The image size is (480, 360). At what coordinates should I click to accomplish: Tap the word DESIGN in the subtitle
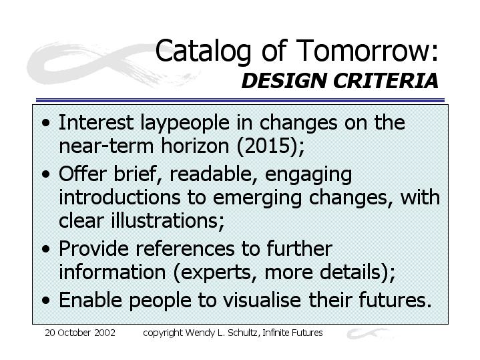tap(284, 81)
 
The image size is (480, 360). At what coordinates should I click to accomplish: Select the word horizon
tap(195, 145)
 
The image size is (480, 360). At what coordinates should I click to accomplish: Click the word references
tap(185, 248)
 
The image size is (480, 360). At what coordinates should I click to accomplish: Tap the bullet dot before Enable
tap(46, 301)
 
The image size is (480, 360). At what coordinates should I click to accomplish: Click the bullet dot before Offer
tap(46, 174)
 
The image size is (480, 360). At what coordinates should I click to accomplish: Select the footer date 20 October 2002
tap(80, 333)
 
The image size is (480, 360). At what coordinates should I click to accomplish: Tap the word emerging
tap(257, 198)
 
